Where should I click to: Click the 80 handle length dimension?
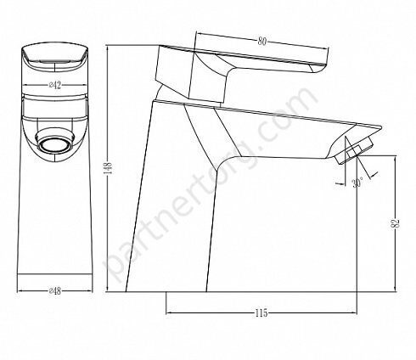click(262, 42)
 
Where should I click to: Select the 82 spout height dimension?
click(396, 223)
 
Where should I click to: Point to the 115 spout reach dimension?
click(261, 313)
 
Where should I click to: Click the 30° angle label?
click(357, 183)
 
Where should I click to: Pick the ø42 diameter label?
click(54, 85)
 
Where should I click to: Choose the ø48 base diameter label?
click(54, 290)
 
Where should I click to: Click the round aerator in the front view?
click(54, 140)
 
